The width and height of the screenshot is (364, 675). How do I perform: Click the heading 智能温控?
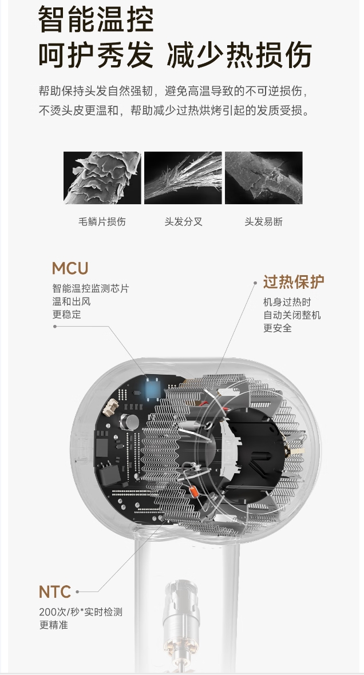tap(96, 21)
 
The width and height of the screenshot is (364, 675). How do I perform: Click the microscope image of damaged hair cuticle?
tap(102, 178)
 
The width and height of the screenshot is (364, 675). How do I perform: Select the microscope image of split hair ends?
tap(183, 178)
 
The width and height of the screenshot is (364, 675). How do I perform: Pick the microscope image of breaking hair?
tap(263, 178)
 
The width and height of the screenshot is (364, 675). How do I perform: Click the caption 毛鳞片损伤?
tap(102, 222)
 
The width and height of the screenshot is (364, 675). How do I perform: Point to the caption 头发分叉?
tap(183, 222)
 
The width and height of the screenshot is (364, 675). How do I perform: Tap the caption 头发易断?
tap(263, 222)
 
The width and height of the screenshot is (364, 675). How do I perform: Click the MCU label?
tap(70, 268)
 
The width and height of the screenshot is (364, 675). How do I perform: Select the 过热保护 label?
tap(294, 282)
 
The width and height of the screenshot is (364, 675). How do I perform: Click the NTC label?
tap(55, 591)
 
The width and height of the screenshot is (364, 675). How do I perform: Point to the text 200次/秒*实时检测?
tap(81, 612)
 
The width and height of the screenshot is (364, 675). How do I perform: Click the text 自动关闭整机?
tap(292, 315)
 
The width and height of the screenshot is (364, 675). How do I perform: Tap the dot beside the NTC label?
tap(77, 592)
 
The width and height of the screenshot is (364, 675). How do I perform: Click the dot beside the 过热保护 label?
tap(255, 282)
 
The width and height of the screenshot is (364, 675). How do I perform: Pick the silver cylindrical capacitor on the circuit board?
tap(133, 422)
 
